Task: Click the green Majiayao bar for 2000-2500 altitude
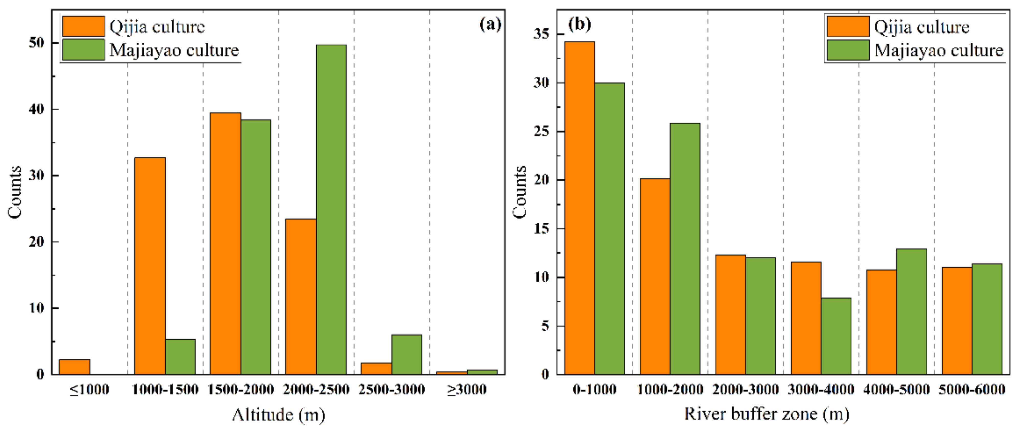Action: click(x=331, y=209)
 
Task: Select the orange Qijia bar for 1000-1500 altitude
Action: click(x=150, y=266)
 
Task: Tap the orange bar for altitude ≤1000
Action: click(x=75, y=366)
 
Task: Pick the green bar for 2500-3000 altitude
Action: click(x=407, y=355)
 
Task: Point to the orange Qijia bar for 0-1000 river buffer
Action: click(x=579, y=208)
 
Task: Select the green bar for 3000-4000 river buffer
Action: click(x=836, y=336)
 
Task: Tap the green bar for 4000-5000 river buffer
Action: click(x=911, y=311)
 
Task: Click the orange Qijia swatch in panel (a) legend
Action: click(x=84, y=26)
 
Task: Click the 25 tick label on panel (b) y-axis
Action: click(x=541, y=131)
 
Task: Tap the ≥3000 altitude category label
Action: click(x=467, y=390)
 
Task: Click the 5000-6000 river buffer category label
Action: click(x=972, y=390)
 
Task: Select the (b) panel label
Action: click(x=579, y=25)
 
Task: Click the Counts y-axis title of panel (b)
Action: click(x=520, y=192)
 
